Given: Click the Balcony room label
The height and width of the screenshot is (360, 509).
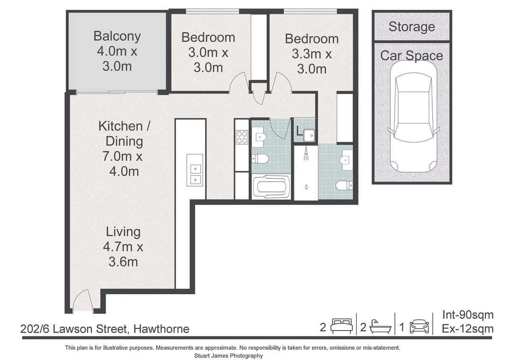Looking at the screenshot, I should point(117,36).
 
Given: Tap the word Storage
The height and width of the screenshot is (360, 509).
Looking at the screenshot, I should point(411,27).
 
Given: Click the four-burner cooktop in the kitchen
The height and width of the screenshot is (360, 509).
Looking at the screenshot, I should point(242,137).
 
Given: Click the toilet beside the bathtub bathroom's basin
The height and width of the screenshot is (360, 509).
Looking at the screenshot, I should point(260,159).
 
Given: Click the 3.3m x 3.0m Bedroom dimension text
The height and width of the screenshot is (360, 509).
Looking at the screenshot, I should point(312,62).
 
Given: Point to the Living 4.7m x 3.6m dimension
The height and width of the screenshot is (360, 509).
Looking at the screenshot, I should point(123,254).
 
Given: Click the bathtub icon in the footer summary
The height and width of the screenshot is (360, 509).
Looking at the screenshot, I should point(380,327).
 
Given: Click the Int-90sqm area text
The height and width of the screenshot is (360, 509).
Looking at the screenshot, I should point(467,315).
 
